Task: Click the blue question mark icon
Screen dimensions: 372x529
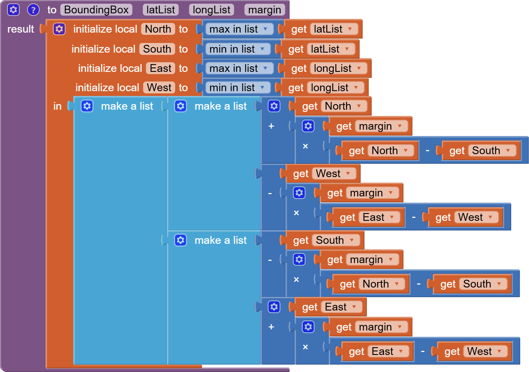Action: (33, 10)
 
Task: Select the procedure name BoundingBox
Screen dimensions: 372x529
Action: (96, 10)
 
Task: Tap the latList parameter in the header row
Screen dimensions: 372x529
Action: (161, 10)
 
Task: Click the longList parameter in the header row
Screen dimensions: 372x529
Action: (211, 10)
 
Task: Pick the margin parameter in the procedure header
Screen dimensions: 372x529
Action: (264, 10)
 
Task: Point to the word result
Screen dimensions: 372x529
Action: (20, 29)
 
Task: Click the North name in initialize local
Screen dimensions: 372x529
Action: (158, 29)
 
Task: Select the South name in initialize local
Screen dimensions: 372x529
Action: (157, 49)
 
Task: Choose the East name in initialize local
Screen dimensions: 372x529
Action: (161, 68)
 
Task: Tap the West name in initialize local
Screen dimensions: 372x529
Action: (159, 87)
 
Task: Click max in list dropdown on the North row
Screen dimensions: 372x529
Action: (239, 29)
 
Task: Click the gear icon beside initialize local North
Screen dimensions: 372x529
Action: (59, 29)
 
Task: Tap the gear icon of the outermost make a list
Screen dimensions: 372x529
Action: (87, 106)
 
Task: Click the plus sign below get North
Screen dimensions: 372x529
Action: (271, 126)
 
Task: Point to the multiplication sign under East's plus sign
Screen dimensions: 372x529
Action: (305, 347)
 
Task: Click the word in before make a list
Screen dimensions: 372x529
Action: (57, 106)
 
